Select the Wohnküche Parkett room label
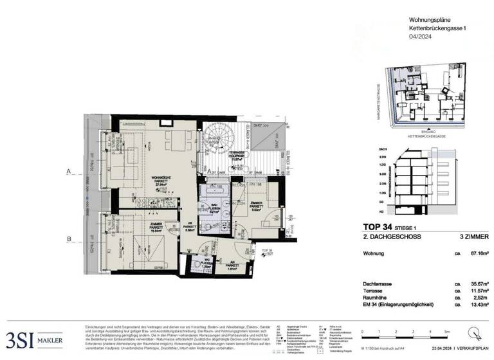point(160,182)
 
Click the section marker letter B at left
point(68,239)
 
